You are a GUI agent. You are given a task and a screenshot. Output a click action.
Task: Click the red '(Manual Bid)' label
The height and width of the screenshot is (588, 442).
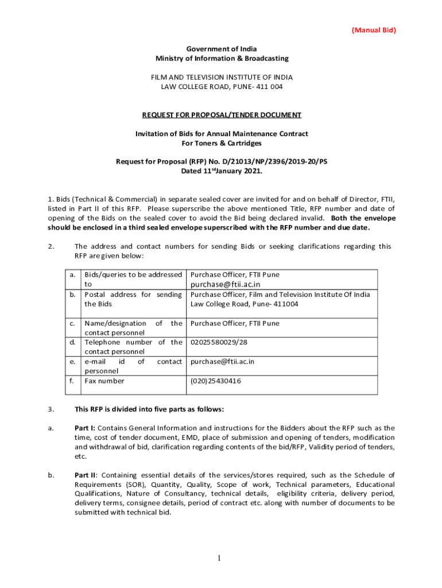tap(374, 30)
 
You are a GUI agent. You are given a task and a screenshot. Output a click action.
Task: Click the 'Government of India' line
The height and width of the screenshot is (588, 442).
tap(222, 49)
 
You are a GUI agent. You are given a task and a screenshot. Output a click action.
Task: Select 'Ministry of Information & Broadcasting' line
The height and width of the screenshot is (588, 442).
tap(222, 59)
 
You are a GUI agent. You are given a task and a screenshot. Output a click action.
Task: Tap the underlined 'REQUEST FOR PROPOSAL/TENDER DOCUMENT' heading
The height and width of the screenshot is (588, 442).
tap(222, 115)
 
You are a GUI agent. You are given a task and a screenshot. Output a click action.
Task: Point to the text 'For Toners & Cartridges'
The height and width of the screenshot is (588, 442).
tap(222, 143)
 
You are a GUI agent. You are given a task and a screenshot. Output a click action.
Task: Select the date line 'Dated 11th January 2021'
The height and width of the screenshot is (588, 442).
tap(222, 171)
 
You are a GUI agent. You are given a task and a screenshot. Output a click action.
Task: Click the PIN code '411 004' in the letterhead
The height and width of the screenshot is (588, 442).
tap(269, 87)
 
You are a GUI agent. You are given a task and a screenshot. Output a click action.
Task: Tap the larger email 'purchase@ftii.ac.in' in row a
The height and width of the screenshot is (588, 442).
tap(226, 284)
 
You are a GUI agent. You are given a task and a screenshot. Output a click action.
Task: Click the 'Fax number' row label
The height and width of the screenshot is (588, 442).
tap(104, 381)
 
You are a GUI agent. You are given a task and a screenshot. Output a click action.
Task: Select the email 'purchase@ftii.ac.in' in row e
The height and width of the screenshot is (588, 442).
tap(223, 361)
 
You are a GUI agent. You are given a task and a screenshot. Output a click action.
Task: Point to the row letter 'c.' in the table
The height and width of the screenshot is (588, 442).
tap(72, 323)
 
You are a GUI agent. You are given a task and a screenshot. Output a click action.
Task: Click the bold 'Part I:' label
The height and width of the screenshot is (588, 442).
tap(85, 428)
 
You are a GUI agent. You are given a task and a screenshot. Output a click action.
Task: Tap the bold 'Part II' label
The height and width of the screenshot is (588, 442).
tap(86, 475)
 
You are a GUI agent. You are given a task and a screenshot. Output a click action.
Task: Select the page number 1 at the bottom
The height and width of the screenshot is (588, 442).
tap(220, 558)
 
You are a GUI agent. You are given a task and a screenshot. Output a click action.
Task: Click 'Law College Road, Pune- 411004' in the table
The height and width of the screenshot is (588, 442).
tap(245, 304)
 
